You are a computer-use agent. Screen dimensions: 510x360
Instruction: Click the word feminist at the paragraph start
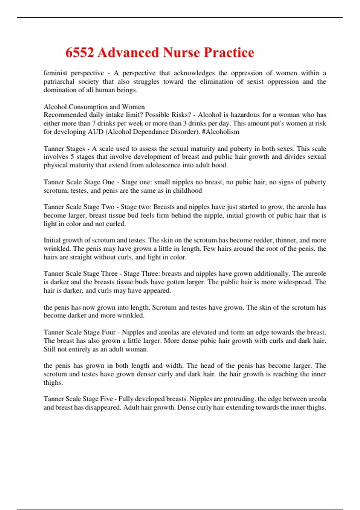click(x=54, y=73)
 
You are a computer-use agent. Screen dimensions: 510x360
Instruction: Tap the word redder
click(x=263, y=240)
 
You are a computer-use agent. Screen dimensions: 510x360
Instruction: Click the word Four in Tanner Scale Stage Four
click(x=109, y=332)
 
